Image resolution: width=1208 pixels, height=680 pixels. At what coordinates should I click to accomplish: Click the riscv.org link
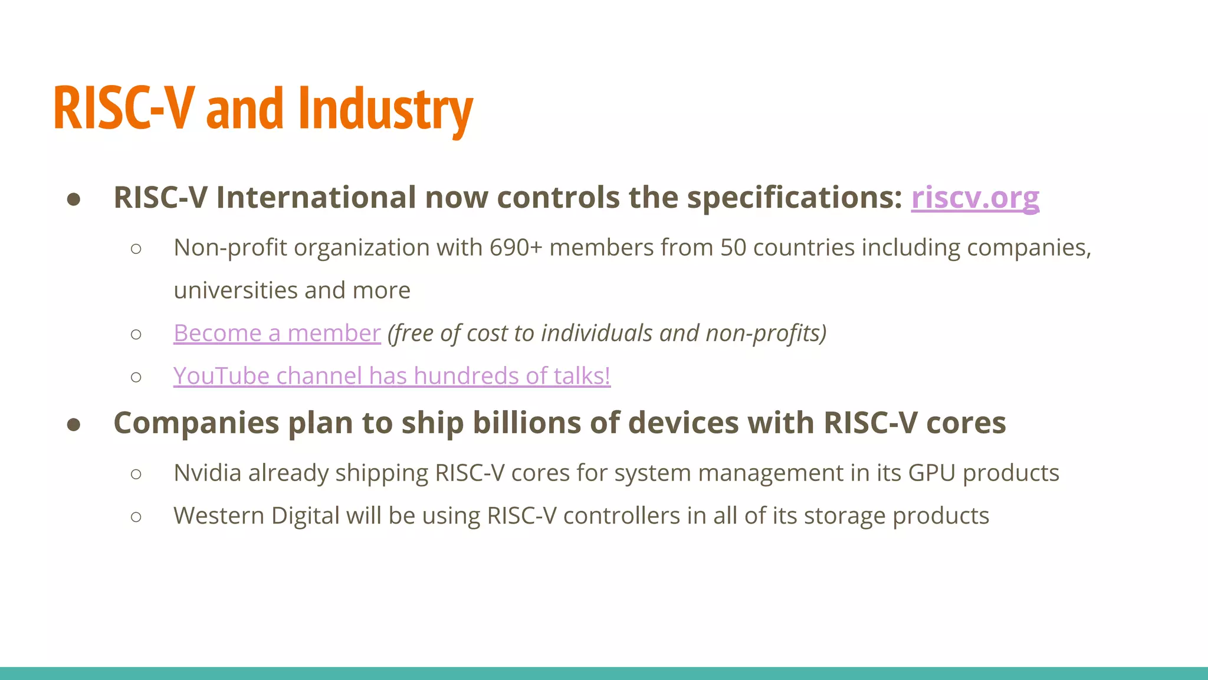pyautogui.click(x=974, y=198)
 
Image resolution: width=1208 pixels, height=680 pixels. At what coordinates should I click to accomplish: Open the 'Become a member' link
pyautogui.click(x=277, y=334)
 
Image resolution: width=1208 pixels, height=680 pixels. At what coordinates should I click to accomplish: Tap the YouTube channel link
pyautogui.click(x=392, y=376)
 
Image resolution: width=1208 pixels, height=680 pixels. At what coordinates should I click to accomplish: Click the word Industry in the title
pyautogui.click(x=385, y=109)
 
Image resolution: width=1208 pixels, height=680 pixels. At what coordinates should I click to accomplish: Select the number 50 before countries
pyautogui.click(x=733, y=248)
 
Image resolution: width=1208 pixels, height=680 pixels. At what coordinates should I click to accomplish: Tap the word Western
pyautogui.click(x=219, y=516)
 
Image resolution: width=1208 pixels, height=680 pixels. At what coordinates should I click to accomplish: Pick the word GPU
pyautogui.click(x=931, y=473)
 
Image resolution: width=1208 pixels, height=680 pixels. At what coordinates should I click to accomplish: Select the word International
pyautogui.click(x=316, y=198)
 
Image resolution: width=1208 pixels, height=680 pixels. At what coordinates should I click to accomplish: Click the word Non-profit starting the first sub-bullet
pyautogui.click(x=230, y=248)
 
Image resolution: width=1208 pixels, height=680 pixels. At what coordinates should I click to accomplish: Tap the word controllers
pyautogui.click(x=622, y=516)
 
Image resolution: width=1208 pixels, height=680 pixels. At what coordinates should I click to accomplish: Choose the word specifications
pyautogui.click(x=795, y=198)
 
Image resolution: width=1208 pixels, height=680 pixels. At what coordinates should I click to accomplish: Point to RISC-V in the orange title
pyautogui.click(x=123, y=109)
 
